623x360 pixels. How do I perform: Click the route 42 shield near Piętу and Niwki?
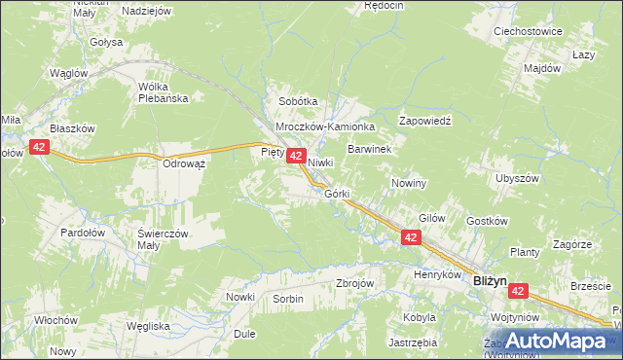[x=298, y=156]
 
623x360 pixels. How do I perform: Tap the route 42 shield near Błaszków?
[x=39, y=147]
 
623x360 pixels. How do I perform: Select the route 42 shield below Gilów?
[x=411, y=237]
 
